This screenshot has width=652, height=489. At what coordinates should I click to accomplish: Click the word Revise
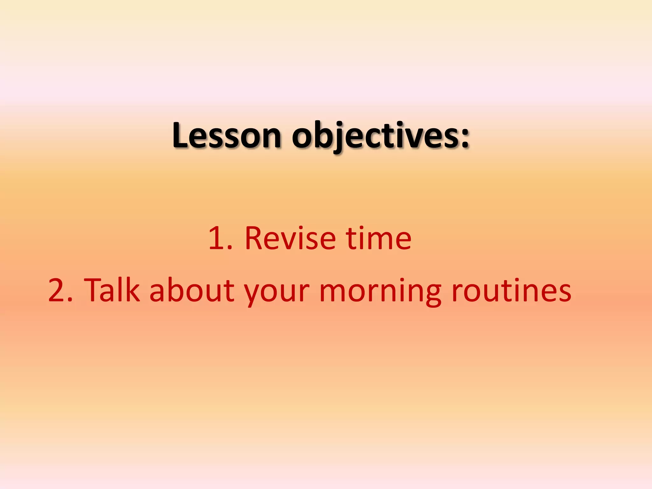pyautogui.click(x=290, y=238)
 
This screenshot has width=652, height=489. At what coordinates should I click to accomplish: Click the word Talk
pyautogui.click(x=111, y=290)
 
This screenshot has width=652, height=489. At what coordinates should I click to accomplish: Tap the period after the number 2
pyautogui.click(x=70, y=300)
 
